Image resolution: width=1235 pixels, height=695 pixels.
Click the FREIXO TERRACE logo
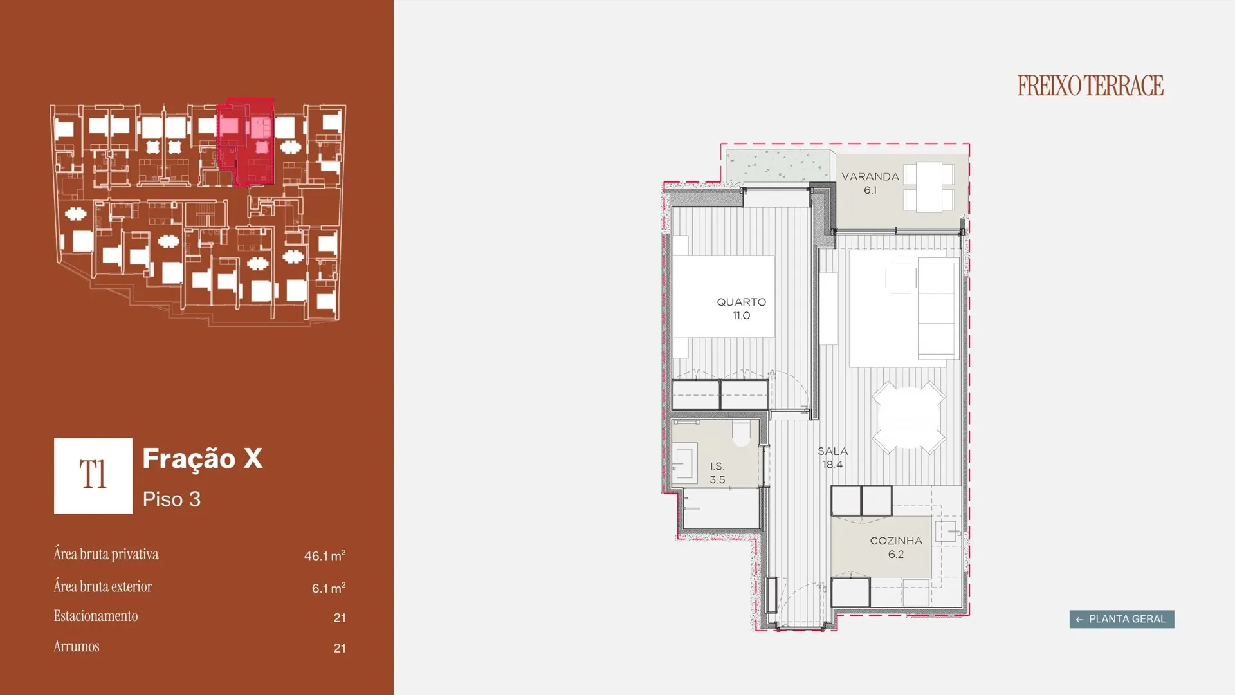coord(1090,86)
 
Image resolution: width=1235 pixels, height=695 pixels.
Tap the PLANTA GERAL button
coord(1122,619)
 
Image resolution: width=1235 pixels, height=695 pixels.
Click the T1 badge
coord(93,476)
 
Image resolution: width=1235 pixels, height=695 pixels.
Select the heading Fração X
coord(203,459)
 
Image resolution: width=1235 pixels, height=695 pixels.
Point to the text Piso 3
coord(172,499)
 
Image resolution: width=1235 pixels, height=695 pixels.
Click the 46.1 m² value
coord(325,555)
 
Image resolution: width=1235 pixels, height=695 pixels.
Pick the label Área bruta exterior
coord(103,586)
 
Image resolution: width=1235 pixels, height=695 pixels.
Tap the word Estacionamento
coord(96,616)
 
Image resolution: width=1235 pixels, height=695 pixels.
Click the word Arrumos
coord(77,646)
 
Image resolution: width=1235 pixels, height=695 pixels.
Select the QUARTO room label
coord(742,302)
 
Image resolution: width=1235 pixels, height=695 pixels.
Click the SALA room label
coord(833,451)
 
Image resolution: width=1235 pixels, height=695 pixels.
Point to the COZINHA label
coord(896,541)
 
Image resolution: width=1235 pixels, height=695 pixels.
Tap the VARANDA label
coord(870,176)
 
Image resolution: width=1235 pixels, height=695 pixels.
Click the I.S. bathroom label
coord(717,466)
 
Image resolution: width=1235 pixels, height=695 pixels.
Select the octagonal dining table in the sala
coord(909,418)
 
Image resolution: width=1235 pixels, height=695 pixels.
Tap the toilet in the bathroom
coord(742,433)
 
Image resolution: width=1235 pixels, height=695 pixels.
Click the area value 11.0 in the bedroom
coord(742,315)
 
